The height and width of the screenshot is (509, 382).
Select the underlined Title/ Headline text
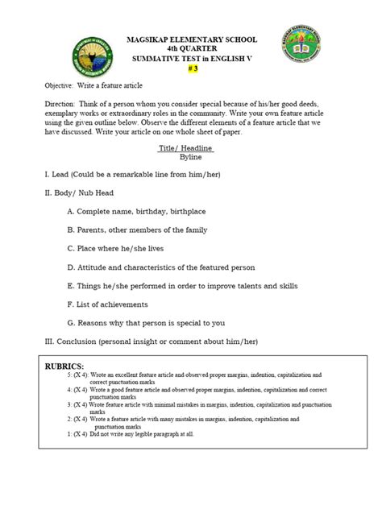tap(191, 149)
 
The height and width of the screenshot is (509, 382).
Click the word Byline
tap(191, 159)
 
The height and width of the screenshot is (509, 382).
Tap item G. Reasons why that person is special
tap(157, 323)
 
